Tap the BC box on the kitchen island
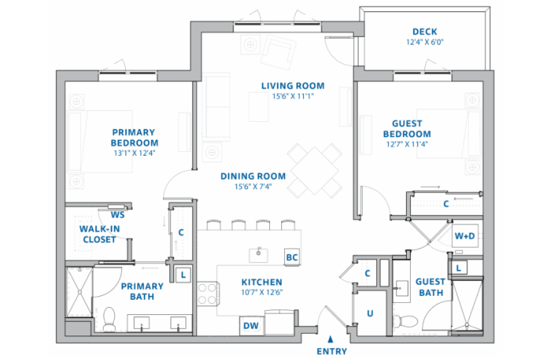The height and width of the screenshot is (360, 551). tap(291, 257)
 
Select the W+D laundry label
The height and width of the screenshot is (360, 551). tap(464, 236)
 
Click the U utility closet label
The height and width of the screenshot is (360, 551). tap(368, 313)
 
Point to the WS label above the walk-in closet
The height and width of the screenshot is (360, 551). tap(117, 214)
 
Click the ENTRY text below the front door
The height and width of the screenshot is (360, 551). tap(331, 351)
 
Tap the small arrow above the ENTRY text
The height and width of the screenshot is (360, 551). tap(330, 339)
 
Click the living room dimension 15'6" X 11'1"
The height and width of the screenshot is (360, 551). tap(272, 96)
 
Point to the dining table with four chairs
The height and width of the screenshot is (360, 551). tap(313, 170)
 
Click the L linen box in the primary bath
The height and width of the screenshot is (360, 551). tap(184, 275)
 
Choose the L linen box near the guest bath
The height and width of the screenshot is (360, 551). tap(458, 268)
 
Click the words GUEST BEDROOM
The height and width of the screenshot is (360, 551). tap(412, 128)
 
